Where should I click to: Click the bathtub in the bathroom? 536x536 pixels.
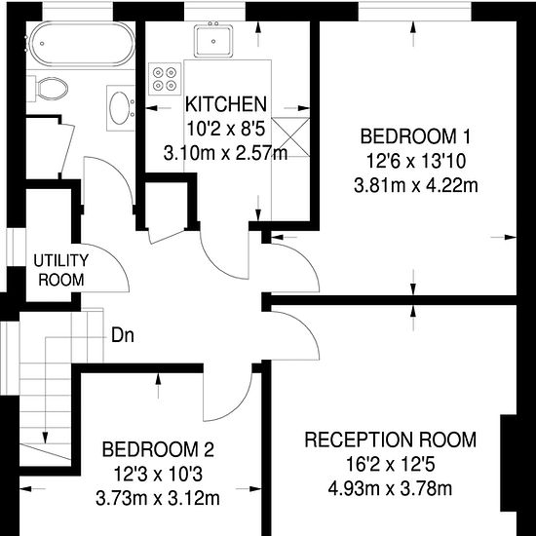point(81,44)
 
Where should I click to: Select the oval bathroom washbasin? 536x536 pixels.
point(120,107)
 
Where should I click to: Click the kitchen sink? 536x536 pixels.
point(213,41)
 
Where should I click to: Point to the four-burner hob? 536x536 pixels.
point(165,79)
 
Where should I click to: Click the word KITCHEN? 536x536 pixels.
point(226,104)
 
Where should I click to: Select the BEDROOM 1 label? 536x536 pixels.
point(415,136)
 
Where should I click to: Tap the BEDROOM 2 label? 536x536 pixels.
point(158,449)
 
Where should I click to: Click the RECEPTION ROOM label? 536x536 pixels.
point(391,440)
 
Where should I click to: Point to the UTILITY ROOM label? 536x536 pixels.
point(60,270)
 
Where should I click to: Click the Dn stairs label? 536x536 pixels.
point(123,335)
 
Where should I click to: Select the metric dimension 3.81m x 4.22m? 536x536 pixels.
point(416,186)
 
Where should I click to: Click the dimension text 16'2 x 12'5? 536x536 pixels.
point(391,465)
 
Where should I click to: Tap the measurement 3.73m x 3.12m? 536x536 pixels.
point(158,498)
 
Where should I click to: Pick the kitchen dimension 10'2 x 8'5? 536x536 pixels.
point(226,130)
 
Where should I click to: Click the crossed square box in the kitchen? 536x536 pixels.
point(291,136)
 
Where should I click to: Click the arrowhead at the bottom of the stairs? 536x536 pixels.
point(45,438)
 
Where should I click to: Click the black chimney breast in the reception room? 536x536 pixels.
point(509,463)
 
